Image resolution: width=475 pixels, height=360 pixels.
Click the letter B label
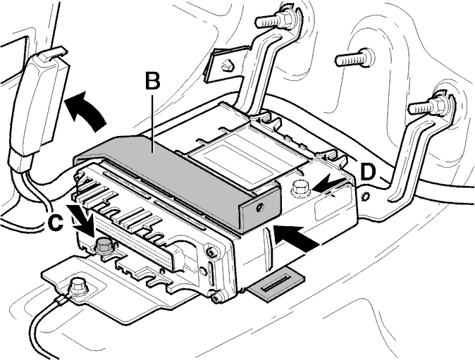(x=153, y=80)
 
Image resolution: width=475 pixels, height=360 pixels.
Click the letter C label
(x=56, y=224)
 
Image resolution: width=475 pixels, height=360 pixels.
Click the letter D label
(x=368, y=172)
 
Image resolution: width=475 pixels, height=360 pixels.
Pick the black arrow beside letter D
(x=328, y=185)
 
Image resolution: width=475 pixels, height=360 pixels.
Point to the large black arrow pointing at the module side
(x=297, y=238)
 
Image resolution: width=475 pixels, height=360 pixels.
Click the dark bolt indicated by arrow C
(x=104, y=246)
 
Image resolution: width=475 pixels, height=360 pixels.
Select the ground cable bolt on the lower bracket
(x=78, y=287)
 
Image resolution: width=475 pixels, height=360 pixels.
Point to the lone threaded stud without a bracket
(x=355, y=58)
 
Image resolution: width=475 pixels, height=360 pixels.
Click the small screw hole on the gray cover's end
(x=260, y=208)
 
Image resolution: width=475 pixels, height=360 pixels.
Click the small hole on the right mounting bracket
(x=366, y=197)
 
